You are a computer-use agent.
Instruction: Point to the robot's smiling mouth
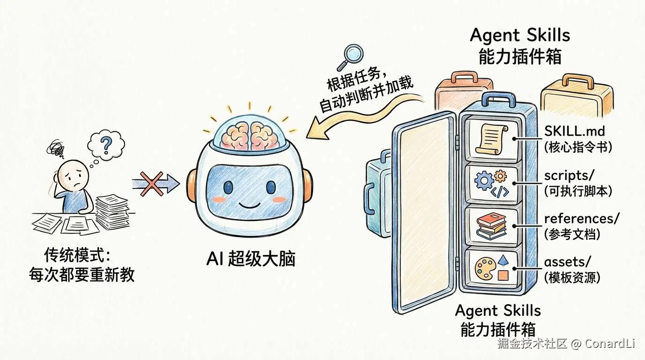point(247,205)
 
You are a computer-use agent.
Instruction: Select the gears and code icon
point(491,185)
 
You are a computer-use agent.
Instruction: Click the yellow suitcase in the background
point(576,96)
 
